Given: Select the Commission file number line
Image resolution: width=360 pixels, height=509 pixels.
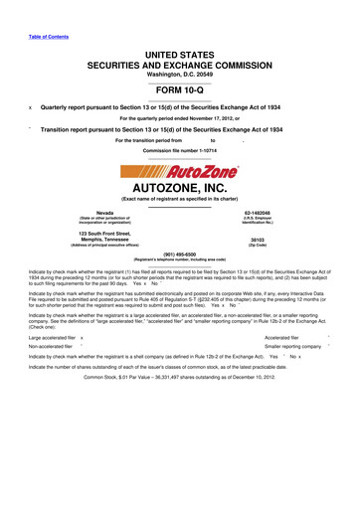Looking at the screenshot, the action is click(180, 149).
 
